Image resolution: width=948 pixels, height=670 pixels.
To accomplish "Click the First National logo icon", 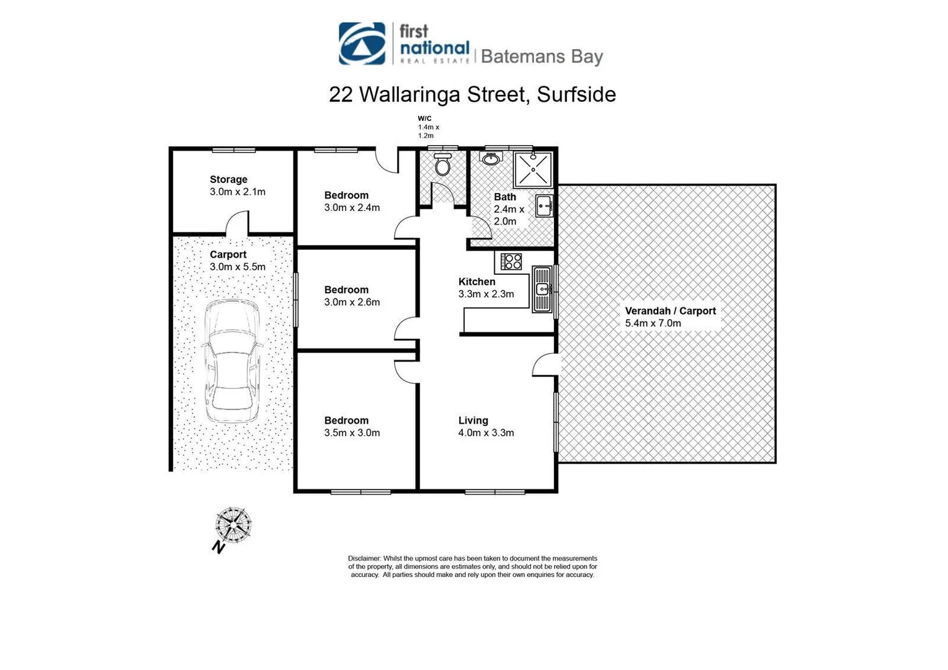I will (x=362, y=43).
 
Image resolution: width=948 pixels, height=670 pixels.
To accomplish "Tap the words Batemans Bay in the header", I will (x=542, y=56).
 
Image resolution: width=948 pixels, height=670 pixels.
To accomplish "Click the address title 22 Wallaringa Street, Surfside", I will (x=472, y=94).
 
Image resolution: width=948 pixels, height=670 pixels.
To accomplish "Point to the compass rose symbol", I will (x=233, y=525).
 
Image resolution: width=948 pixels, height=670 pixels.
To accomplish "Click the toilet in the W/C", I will (x=442, y=164).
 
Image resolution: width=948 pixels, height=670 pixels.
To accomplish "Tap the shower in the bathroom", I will (x=533, y=168).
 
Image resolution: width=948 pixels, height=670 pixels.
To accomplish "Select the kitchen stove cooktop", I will (x=512, y=261).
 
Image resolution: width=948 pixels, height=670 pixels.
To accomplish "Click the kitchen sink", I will (x=542, y=288).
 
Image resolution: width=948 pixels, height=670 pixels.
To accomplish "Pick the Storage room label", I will (x=228, y=179).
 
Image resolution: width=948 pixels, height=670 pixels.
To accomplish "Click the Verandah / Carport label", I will (x=670, y=311).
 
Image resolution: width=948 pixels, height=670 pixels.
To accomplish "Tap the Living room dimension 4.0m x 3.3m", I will (x=486, y=433).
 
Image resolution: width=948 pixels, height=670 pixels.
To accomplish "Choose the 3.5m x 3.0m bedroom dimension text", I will (x=352, y=433).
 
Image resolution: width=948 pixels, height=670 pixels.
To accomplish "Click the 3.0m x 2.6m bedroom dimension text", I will (x=352, y=302).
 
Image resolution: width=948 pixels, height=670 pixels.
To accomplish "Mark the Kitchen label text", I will (x=476, y=282).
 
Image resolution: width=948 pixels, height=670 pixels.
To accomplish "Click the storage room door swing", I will (x=236, y=223).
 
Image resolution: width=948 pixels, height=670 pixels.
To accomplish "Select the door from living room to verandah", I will (x=543, y=365).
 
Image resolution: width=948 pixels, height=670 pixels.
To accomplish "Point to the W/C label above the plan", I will (x=424, y=118).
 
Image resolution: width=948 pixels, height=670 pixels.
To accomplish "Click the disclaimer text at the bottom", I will (x=472, y=566).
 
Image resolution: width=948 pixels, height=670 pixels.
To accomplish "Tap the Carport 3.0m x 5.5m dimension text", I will (x=238, y=267).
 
